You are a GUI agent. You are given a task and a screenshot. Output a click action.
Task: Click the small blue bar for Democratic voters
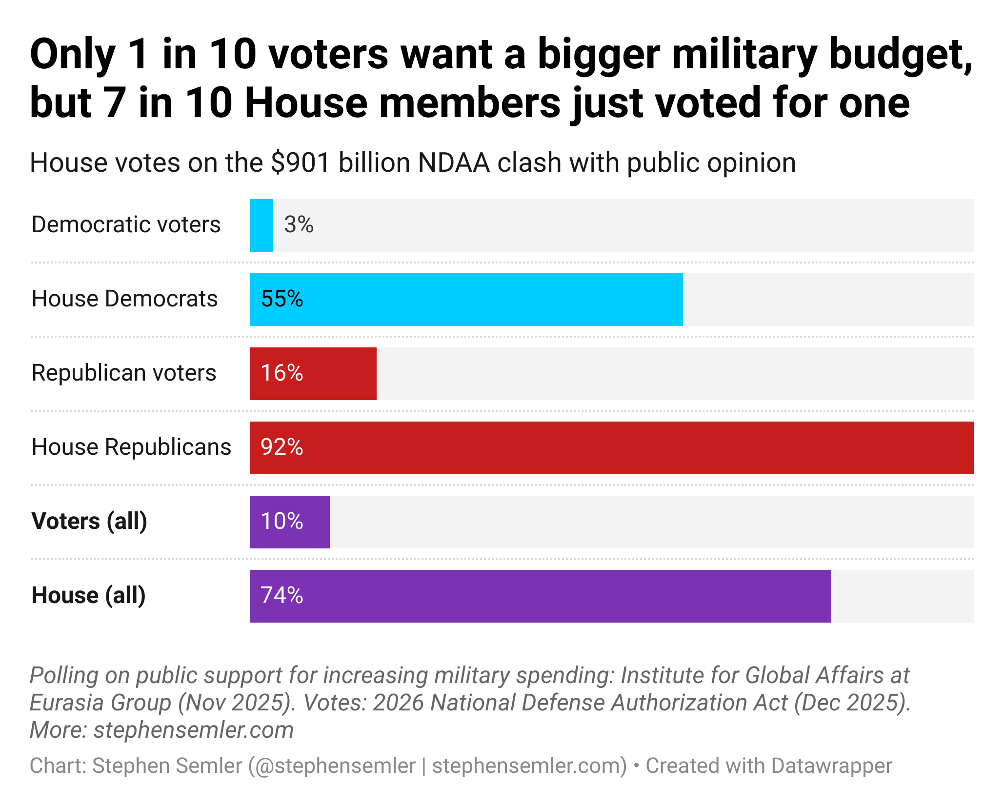tap(261, 225)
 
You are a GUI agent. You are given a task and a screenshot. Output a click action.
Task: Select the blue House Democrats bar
tap(466, 300)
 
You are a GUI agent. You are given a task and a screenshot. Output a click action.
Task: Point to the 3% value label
tap(299, 225)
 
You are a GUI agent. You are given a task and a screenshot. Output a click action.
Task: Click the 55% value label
tap(282, 299)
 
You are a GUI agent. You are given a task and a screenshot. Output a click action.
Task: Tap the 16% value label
tap(282, 373)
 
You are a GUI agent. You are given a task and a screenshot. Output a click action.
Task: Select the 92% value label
tap(282, 447)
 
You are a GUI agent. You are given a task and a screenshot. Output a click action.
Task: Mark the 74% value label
tap(282, 596)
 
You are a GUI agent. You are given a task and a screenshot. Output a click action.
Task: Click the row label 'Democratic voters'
tap(126, 225)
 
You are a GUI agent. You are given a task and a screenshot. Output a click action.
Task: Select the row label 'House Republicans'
tap(131, 447)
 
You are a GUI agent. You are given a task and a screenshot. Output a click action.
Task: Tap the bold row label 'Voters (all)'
tap(89, 522)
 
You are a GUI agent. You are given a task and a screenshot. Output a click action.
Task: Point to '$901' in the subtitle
tap(301, 163)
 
